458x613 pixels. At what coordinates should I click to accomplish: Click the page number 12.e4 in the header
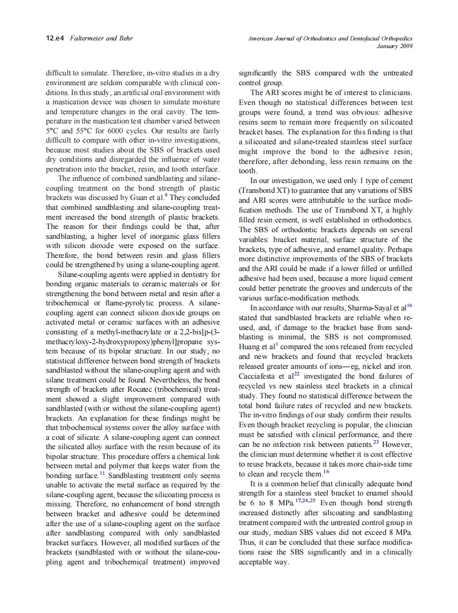55,39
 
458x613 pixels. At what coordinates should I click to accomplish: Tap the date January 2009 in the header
395,46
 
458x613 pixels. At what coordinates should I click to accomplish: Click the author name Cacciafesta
259,376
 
